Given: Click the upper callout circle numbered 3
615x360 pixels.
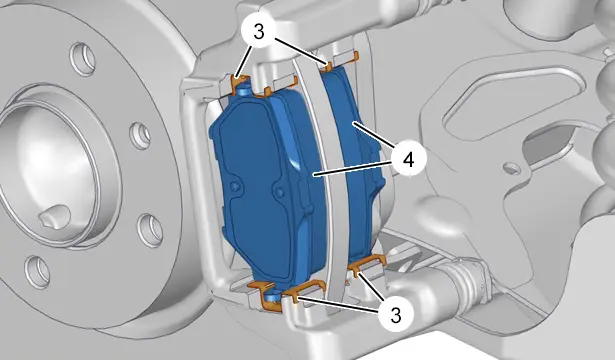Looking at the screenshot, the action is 259,32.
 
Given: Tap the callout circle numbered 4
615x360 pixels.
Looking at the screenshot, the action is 408,160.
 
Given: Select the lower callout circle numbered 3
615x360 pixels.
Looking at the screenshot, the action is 396,314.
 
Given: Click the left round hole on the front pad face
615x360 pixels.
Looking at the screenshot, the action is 235,186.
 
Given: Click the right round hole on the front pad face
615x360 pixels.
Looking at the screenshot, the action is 280,192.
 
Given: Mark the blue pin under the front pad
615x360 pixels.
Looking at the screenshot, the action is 271,299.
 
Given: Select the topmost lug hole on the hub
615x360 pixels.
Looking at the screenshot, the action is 83,59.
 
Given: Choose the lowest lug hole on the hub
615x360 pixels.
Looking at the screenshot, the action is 38,271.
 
